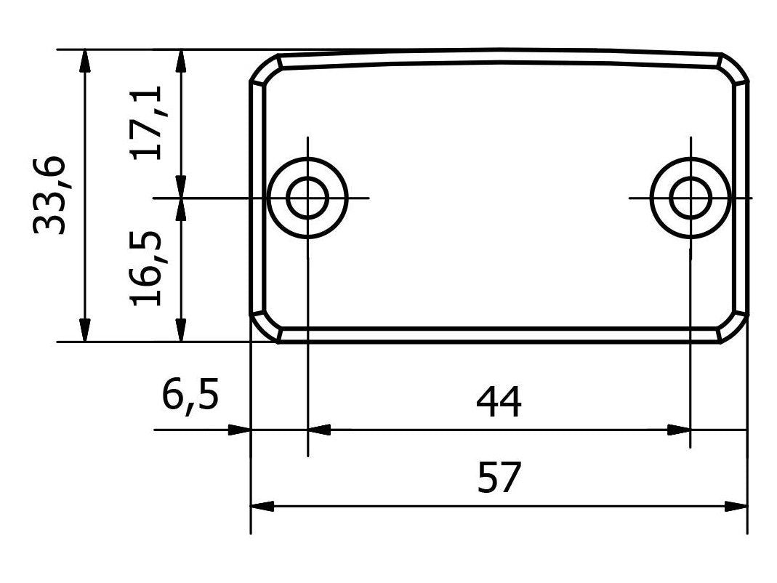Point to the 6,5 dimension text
(190, 398)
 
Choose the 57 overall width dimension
(499, 478)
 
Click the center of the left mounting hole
(307, 197)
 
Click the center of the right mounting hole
(691, 197)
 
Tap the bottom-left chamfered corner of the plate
(266, 327)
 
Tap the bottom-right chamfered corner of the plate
(733, 327)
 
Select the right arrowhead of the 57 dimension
(737, 507)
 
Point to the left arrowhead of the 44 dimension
(319, 430)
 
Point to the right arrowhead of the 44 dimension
(679, 430)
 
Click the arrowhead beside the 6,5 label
(239, 430)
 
